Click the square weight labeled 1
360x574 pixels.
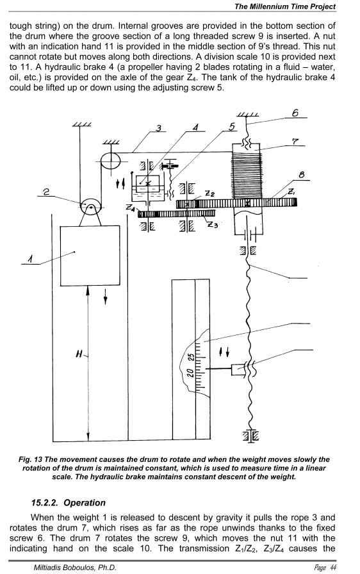pos(90,256)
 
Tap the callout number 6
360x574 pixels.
pos(295,113)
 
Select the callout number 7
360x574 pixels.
pos(295,142)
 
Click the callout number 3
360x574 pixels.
pos(158,127)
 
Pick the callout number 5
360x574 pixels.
pos(232,127)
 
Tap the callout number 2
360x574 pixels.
pos(47,192)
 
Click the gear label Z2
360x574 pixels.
pos(209,193)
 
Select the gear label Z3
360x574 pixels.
pos(213,224)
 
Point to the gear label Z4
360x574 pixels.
pos(131,208)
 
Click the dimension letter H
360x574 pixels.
pos(79,354)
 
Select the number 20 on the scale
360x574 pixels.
pos(190,373)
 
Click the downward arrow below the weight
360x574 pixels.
pos(105,297)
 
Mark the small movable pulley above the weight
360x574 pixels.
pos(90,207)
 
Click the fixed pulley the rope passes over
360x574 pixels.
pos(110,160)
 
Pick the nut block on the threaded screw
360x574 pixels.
pos(238,369)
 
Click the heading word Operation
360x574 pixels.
pos(85,503)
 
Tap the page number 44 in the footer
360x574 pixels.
pos(333,568)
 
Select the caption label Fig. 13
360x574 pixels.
pos(30,459)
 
